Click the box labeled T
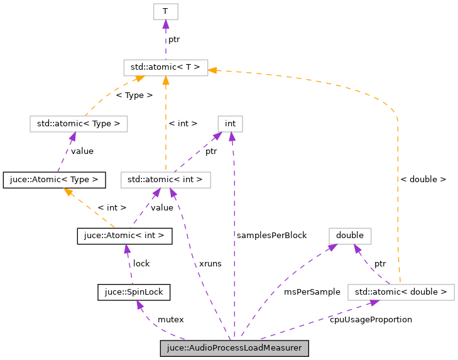point(165,11)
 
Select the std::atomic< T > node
point(165,67)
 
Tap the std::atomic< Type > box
point(79,123)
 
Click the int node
point(230,123)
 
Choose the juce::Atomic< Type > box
point(51,180)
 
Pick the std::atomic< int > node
point(165,180)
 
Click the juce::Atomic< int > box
point(124,236)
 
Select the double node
point(350,236)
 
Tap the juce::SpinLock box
point(134,292)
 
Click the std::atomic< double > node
point(400,292)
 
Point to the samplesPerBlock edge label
point(271,235)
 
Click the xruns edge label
point(210,263)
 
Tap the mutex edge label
point(170,320)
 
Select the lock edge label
point(141,263)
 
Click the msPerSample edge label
point(312,292)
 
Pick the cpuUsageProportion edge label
point(371,320)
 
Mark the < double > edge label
point(423,179)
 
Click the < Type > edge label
point(134,95)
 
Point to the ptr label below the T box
point(173,39)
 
